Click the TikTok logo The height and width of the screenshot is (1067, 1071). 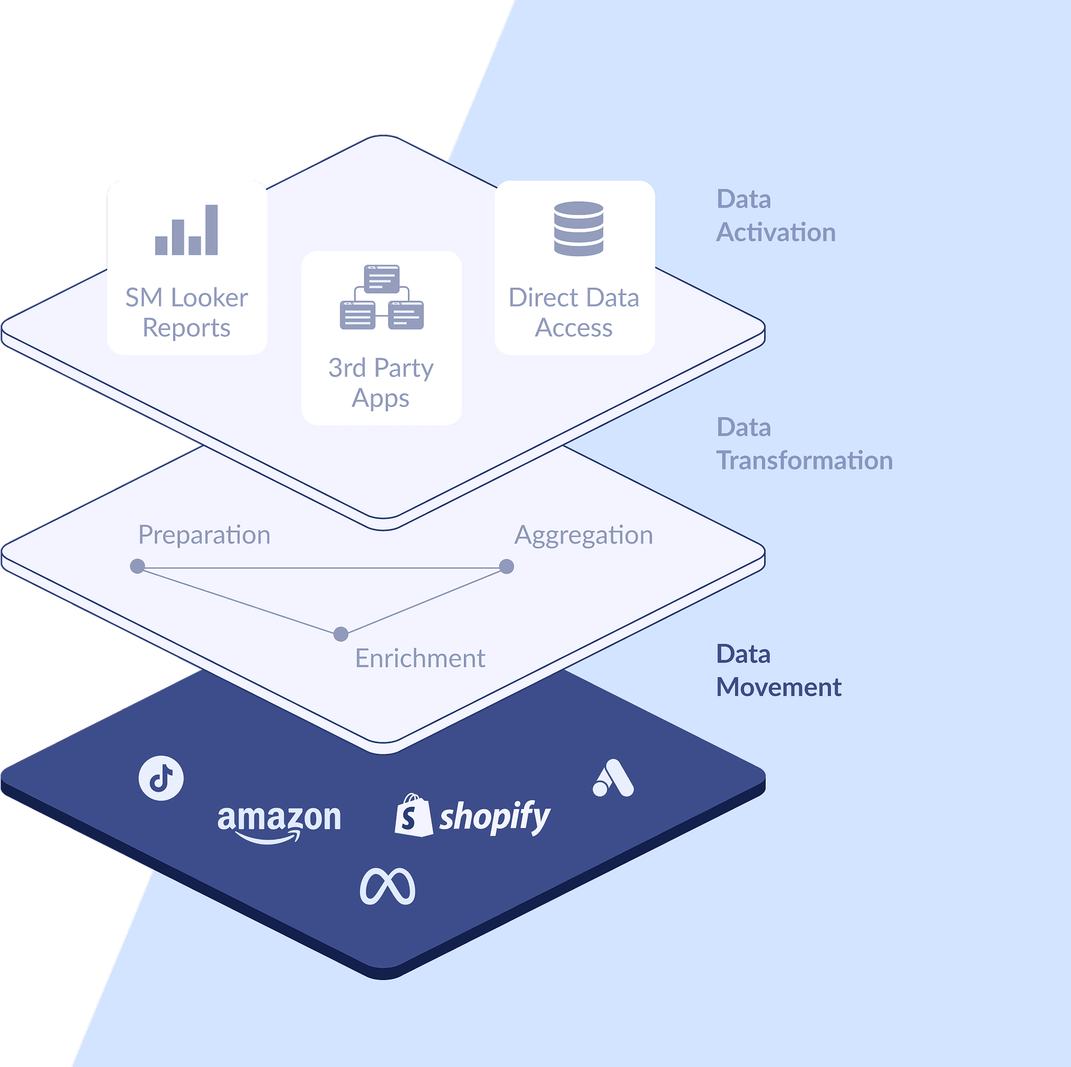pos(161,778)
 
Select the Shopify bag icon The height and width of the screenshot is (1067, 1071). pos(413,815)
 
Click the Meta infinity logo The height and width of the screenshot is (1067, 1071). pos(388,886)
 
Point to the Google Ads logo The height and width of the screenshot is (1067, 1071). pos(613,778)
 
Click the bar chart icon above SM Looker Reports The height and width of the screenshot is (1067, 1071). pos(187,230)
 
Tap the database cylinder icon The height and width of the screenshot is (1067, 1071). pos(578,229)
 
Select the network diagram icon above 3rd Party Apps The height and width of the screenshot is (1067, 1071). pos(381,297)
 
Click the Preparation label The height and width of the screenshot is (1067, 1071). pos(204,535)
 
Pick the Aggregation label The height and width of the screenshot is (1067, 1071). pos(583,535)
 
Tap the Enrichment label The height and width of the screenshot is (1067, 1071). pos(419,659)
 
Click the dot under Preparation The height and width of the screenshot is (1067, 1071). pos(138,566)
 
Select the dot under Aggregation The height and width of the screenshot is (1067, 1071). pos(506,566)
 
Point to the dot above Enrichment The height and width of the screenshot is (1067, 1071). pos(341,634)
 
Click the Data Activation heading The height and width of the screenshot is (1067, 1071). pos(775,215)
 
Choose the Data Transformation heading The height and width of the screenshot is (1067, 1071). pos(804,444)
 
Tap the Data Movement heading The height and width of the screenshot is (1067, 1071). pos(778,671)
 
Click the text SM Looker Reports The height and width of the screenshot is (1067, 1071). pos(187,313)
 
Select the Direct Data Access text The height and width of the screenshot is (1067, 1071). pos(574,313)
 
